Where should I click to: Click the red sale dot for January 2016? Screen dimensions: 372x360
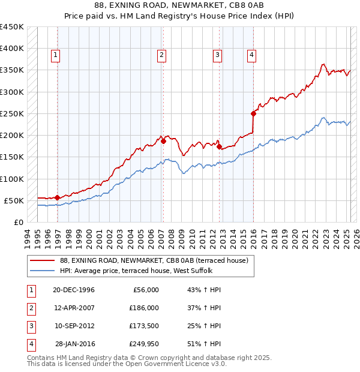click(x=253, y=113)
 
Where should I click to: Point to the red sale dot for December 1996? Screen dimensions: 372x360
click(x=57, y=197)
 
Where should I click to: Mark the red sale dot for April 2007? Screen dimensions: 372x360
click(x=163, y=141)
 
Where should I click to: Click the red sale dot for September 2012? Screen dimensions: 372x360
click(x=219, y=146)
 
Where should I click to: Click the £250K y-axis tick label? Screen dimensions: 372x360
click(x=12, y=113)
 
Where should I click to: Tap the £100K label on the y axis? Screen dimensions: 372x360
click(x=12, y=179)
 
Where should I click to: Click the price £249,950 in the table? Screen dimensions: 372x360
click(x=144, y=344)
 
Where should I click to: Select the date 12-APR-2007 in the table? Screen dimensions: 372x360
click(x=74, y=308)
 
